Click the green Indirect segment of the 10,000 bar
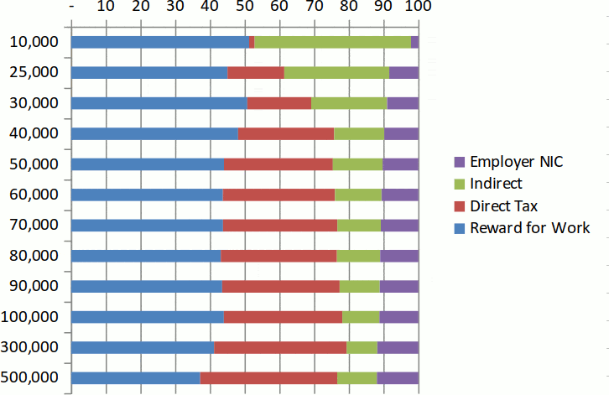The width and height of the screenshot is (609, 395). (332, 42)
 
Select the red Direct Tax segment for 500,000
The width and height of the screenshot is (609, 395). (268, 377)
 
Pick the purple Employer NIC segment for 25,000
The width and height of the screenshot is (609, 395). (403, 72)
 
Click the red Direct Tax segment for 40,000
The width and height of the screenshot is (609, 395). (285, 133)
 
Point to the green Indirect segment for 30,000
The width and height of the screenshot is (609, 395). (349, 103)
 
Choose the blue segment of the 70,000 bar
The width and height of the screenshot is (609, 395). (147, 225)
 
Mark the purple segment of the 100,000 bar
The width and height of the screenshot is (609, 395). (398, 316)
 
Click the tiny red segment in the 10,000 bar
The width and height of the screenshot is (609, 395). (252, 42)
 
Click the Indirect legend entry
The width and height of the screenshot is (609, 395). (495, 184)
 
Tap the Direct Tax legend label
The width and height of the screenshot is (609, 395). (503, 205)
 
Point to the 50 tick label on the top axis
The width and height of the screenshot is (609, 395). (244, 8)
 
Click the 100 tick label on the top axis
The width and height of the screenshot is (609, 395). (418, 8)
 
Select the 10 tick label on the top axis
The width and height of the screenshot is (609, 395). (106, 8)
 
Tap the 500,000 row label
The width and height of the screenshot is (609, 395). (31, 377)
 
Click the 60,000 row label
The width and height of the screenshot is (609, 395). (34, 195)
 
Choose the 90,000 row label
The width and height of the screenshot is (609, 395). (34, 286)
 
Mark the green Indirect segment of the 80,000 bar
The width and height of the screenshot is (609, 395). (358, 256)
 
